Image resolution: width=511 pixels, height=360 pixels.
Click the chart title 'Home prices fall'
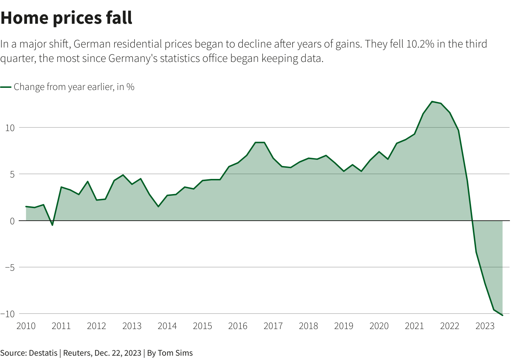pyautogui.click(x=67, y=18)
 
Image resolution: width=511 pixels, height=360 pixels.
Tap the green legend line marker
pyautogui.click(x=6, y=87)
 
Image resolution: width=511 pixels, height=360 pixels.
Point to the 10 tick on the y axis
pyautogui.click(x=10, y=128)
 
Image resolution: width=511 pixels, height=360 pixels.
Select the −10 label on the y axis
pyautogui.click(x=8, y=314)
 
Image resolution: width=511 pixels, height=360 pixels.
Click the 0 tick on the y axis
pyautogui.click(x=12, y=221)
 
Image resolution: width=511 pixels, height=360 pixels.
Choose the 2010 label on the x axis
pyautogui.click(x=26, y=326)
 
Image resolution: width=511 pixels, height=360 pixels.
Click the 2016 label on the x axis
pyautogui.click(x=238, y=326)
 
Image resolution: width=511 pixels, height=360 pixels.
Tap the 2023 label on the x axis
pyautogui.click(x=485, y=326)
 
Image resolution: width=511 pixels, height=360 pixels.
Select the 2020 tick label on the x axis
pyautogui.click(x=379, y=326)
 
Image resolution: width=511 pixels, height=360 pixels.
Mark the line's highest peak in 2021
pyautogui.click(x=432, y=102)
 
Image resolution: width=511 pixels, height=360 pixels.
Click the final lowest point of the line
pyautogui.click(x=502, y=315)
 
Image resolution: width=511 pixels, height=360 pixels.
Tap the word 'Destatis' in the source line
pyautogui.click(x=43, y=353)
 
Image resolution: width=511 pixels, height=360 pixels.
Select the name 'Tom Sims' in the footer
pyautogui.click(x=175, y=353)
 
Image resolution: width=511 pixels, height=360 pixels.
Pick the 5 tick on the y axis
pyautogui.click(x=12, y=174)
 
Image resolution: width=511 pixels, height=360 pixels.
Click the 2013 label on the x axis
pyautogui.click(x=132, y=326)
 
